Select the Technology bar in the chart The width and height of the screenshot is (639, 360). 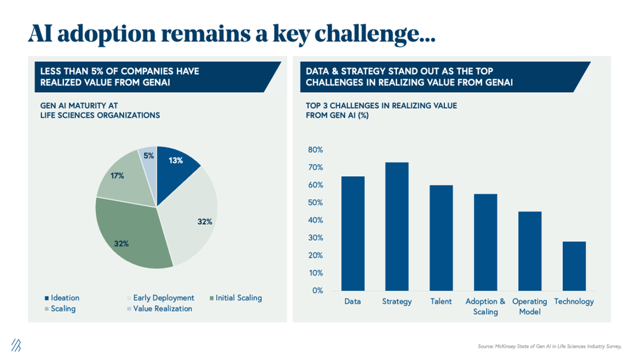click(574, 266)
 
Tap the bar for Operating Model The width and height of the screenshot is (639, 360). click(530, 250)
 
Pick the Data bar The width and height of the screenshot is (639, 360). click(353, 233)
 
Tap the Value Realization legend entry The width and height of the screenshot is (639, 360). click(162, 309)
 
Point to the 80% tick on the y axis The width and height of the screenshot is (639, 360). click(316, 150)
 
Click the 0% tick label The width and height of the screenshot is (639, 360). click(318, 290)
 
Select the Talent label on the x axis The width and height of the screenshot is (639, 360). click(441, 301)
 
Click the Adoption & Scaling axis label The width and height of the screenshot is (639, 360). click(485, 306)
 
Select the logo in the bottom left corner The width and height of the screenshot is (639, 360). click(16, 345)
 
